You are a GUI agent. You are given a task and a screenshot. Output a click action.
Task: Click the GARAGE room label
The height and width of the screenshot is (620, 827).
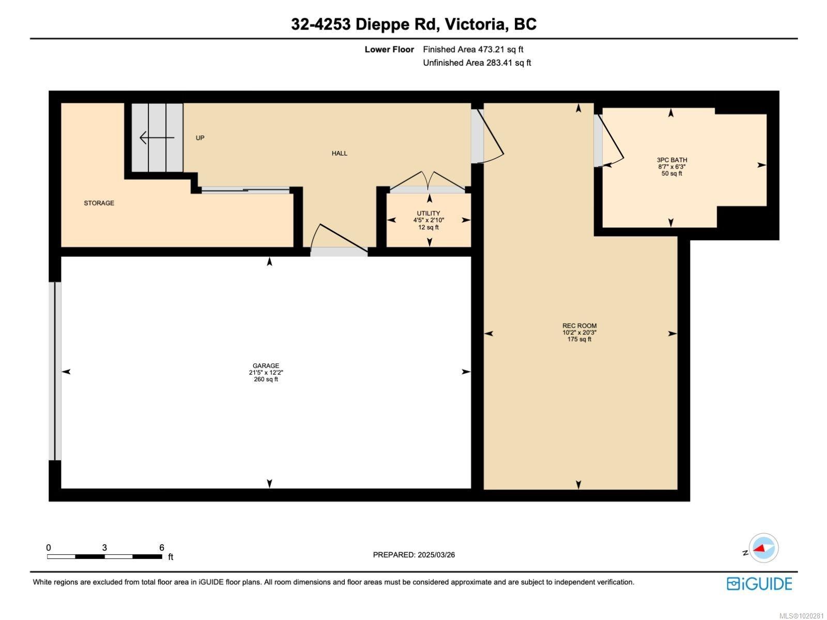pos(266,366)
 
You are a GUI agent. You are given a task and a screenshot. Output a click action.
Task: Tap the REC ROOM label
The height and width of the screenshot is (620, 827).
pos(579,326)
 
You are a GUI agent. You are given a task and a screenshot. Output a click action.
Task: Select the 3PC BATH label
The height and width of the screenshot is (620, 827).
pos(671,160)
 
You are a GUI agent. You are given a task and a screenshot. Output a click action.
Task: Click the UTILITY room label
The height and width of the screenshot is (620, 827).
pos(428,213)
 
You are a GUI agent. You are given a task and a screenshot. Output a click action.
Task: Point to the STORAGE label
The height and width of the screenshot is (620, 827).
pos(99,203)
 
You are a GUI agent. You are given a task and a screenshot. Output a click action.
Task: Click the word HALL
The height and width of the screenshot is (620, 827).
pos(340,153)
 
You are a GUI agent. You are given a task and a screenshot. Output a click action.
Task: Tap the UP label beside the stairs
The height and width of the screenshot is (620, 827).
pos(200,138)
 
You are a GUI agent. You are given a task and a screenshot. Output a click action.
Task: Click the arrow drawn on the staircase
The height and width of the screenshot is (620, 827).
pos(157,138)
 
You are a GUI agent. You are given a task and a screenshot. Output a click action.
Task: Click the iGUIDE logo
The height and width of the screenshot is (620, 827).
pos(759,584)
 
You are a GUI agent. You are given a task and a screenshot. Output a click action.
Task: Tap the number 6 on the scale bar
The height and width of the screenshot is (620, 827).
pos(162,548)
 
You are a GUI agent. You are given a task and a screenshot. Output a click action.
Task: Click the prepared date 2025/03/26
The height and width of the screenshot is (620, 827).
pos(435,555)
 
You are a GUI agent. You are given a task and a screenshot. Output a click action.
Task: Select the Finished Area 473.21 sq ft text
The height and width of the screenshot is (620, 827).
pos(473,50)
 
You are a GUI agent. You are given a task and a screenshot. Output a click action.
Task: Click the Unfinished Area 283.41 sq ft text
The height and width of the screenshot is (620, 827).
pos(477,63)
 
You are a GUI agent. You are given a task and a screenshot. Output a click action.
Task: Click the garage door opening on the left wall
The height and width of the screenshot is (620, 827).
pos(55,371)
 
